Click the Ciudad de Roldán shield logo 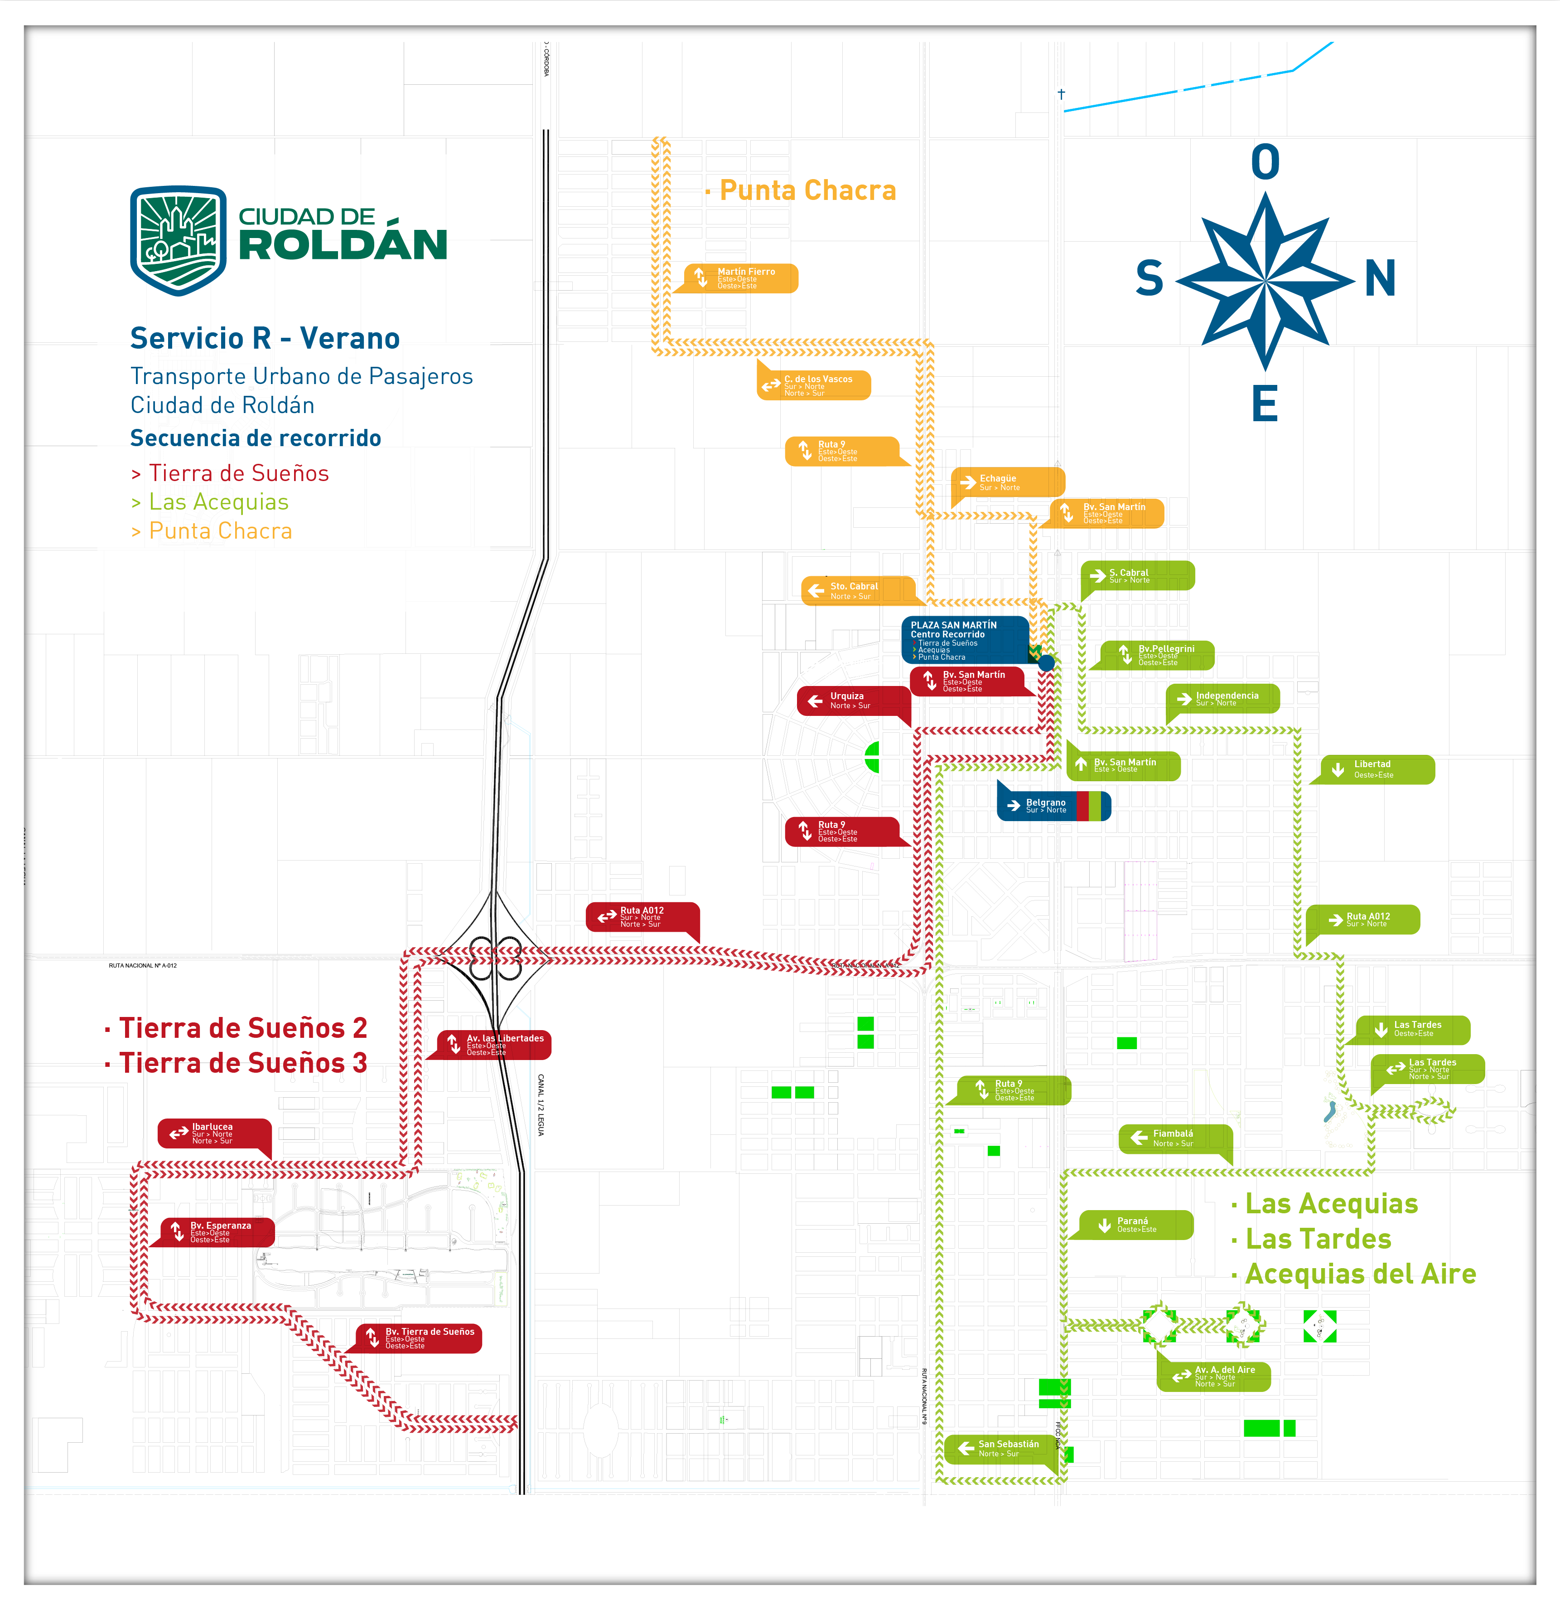pyautogui.click(x=178, y=240)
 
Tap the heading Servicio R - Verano pyautogui.click(x=264, y=338)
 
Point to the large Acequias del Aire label pyautogui.click(x=1360, y=1274)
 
